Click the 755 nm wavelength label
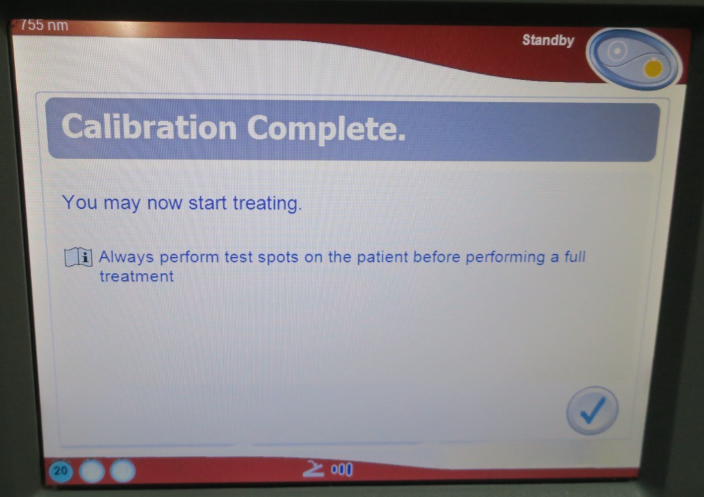pos(44,25)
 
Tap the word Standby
pos(548,40)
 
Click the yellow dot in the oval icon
pos(653,69)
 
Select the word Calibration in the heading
pos(149,127)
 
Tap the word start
pos(207,203)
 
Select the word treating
pos(267,204)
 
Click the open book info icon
pos(79,257)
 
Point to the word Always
pos(126,257)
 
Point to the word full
pos(575,257)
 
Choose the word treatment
pos(136,277)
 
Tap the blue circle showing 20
pos(61,471)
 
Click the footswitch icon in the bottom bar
pos(313,469)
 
